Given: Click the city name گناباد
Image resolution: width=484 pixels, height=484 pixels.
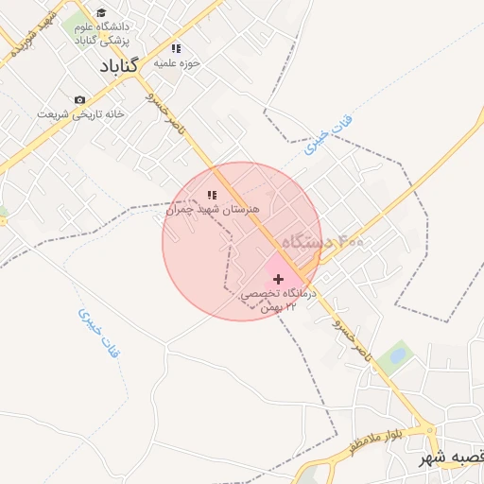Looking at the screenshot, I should point(118,66).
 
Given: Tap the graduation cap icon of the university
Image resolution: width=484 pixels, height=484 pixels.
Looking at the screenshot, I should point(101,13).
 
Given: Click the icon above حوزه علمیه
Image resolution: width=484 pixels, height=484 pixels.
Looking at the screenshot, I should point(175,48).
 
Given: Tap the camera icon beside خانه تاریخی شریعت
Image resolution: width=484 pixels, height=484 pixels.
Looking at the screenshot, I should point(79,99).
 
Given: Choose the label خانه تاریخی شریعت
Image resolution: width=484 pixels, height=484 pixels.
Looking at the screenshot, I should point(95,113).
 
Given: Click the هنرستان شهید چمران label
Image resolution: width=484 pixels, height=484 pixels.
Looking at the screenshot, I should point(212,209).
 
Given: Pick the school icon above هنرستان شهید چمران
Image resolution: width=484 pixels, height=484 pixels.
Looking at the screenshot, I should point(212,195).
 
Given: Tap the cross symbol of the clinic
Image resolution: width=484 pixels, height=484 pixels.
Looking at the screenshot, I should point(278,279).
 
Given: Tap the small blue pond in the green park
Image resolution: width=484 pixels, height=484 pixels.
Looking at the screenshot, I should point(398,355).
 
